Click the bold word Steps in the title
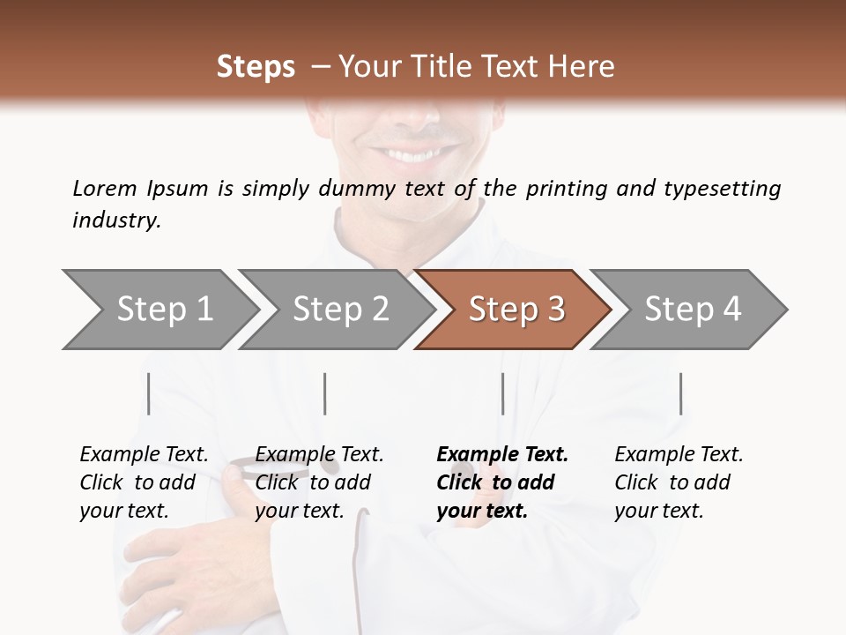tap(256, 67)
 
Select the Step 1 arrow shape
tap(159, 310)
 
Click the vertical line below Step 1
tap(149, 393)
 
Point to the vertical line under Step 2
tap(325, 393)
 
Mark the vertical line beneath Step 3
tap(502, 393)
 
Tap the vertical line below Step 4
tap(680, 393)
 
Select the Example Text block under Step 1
tap(144, 482)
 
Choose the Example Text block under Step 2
tap(319, 482)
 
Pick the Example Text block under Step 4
tap(679, 482)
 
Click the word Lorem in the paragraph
tap(105, 188)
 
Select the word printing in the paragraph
tap(564, 189)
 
